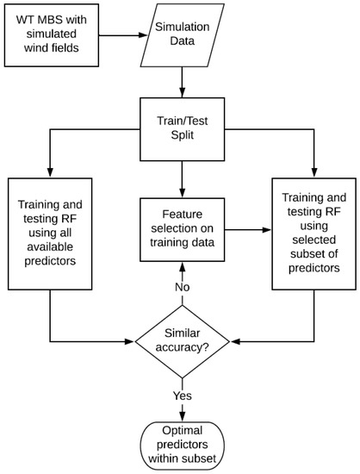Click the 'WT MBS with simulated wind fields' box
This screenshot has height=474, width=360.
pos(59,36)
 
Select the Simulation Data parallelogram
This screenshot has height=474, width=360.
pos(183,36)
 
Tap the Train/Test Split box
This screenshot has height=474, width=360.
pos(183,131)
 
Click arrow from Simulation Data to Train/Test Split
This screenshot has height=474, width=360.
pos(183,82)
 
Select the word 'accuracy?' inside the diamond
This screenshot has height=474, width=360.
pos(182,348)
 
